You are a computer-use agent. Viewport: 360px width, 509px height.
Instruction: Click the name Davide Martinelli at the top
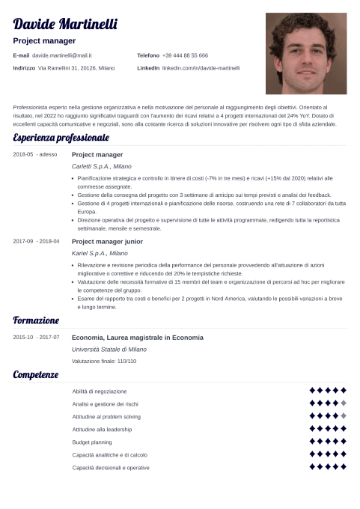pyautogui.click(x=66, y=25)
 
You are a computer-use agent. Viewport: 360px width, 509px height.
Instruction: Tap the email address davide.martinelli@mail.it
pyautogui.click(x=61, y=55)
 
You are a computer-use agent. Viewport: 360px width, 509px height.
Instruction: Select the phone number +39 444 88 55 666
pyautogui.click(x=185, y=55)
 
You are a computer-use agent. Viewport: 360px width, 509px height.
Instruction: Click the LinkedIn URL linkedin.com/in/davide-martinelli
pyautogui.click(x=201, y=68)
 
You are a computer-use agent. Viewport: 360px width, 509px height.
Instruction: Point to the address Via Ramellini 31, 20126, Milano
pyautogui.click(x=76, y=68)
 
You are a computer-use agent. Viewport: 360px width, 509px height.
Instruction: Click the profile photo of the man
pyautogui.click(x=306, y=53)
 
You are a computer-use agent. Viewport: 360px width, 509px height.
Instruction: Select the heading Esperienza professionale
pyautogui.click(x=61, y=138)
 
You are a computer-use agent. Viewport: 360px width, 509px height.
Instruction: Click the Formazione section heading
pyautogui.click(x=36, y=320)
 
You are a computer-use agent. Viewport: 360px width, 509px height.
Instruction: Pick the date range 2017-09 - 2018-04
pyautogui.click(x=37, y=242)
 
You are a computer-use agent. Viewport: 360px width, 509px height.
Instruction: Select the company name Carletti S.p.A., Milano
pyautogui.click(x=101, y=166)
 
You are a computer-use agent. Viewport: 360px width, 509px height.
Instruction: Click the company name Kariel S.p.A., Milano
pyautogui.click(x=99, y=254)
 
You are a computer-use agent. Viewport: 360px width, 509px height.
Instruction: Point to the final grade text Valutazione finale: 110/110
pyautogui.click(x=104, y=362)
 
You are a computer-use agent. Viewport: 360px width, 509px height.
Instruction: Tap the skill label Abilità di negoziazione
pyautogui.click(x=100, y=391)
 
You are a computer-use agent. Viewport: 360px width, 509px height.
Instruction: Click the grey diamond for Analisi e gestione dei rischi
pyautogui.click(x=344, y=403)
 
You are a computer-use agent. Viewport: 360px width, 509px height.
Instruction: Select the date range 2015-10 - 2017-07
pyautogui.click(x=36, y=338)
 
